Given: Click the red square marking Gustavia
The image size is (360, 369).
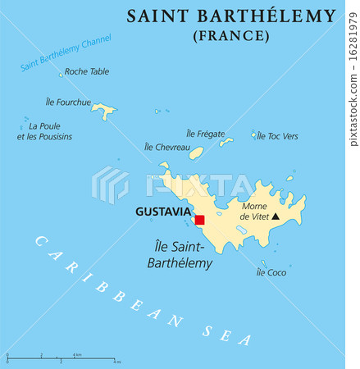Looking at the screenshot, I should point(199,219).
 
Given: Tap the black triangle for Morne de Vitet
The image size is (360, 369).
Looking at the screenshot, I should point(276,216).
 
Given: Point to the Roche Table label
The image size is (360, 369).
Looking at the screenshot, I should point(86,72).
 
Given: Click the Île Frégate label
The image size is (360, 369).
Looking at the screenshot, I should point(205,133).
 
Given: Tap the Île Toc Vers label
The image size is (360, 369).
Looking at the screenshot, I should point(277,136).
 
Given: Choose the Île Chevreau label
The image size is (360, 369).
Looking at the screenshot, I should point(166,147).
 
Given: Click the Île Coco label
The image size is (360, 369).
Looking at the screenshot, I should point(271,272).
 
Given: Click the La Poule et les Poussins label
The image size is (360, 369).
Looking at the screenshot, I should point(50,131).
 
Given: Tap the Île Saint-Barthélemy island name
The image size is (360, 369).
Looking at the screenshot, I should point(184,255).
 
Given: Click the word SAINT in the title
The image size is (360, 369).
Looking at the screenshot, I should point(157,16).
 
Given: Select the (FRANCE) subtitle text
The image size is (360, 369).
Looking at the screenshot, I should point(230,36).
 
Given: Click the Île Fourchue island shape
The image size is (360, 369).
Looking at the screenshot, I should point(103,109).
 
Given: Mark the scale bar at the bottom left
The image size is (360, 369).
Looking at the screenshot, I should point(62,358).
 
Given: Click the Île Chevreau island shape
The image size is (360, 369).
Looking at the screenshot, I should point(196,153).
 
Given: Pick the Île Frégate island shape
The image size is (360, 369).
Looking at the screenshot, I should point(226,142).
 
